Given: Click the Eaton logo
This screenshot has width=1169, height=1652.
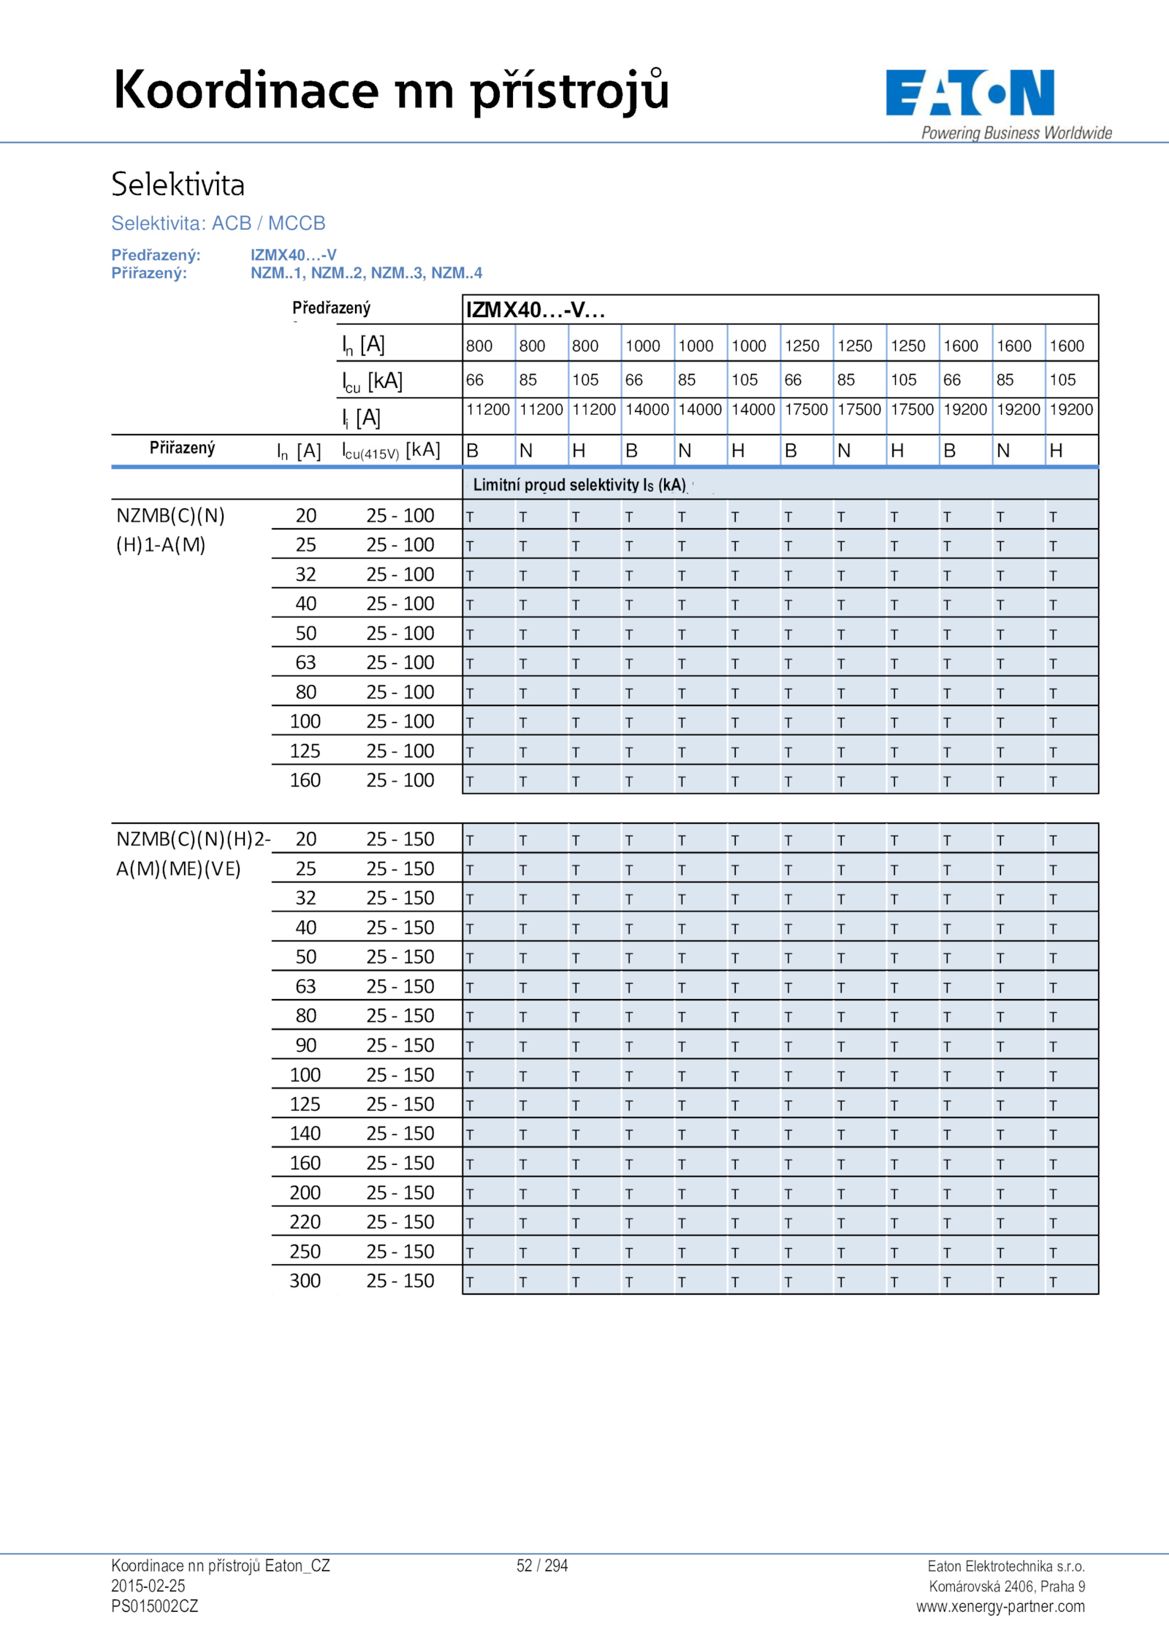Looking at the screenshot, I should pos(970,93).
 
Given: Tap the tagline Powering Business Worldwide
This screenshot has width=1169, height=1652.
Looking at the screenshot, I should pos(1016,133).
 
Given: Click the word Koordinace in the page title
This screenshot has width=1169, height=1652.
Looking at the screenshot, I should pos(246,91).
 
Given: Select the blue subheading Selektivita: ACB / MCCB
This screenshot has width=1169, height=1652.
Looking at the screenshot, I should pos(218,223).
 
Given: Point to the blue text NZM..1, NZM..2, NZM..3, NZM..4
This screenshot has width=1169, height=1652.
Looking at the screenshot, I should pos(366,273).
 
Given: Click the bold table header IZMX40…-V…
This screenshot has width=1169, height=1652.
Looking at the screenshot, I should pos(536,310).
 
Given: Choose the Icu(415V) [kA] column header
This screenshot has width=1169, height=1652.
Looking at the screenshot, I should pos(391,451).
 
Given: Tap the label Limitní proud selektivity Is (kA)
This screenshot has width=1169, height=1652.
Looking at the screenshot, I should pos(579,485).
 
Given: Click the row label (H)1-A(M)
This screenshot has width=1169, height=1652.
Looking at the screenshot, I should pos(161,545).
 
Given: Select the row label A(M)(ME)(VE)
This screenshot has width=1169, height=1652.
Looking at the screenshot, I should pos(178,869).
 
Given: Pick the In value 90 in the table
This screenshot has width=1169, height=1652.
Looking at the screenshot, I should pos(305,1045).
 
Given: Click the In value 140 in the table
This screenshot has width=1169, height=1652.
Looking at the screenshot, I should pos(305,1133).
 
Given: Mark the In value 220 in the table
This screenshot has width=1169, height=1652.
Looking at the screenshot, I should pos(305,1222).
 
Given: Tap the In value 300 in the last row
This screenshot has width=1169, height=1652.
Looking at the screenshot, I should pos(305,1281).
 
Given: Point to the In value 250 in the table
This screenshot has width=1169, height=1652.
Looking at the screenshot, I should pos(305,1252).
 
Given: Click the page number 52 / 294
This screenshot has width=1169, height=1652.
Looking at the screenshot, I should pos(542,1566).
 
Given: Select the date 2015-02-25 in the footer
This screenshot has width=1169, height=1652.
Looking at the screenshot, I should pos(148,1586).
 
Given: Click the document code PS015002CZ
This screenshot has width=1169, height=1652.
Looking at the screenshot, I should pos(155,1606).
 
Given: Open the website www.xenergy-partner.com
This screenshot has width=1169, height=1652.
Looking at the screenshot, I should pos(1000,1607).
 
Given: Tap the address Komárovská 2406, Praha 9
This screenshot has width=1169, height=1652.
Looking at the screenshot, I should pos(1007,1586).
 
